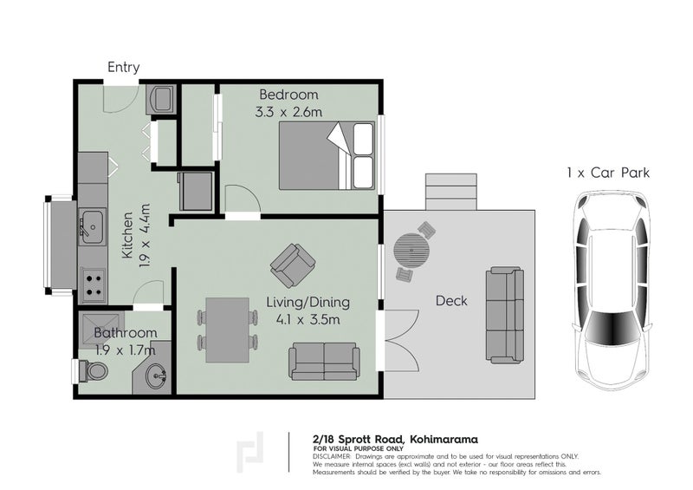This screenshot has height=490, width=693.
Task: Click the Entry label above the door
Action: tap(123, 67)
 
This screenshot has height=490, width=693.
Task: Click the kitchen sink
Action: tap(91, 227)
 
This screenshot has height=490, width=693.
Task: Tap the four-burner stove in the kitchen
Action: tap(93, 283)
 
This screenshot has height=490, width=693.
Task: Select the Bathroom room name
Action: tap(126, 333)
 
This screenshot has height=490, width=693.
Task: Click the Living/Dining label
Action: tap(308, 303)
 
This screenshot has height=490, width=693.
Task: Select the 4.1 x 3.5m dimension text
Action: tap(308, 320)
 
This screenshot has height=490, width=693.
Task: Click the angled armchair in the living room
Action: tap(292, 265)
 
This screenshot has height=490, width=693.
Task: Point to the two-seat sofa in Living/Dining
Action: tap(324, 361)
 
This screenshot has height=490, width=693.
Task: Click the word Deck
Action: tap(451, 301)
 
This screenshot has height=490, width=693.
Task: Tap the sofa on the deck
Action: tap(505, 314)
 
